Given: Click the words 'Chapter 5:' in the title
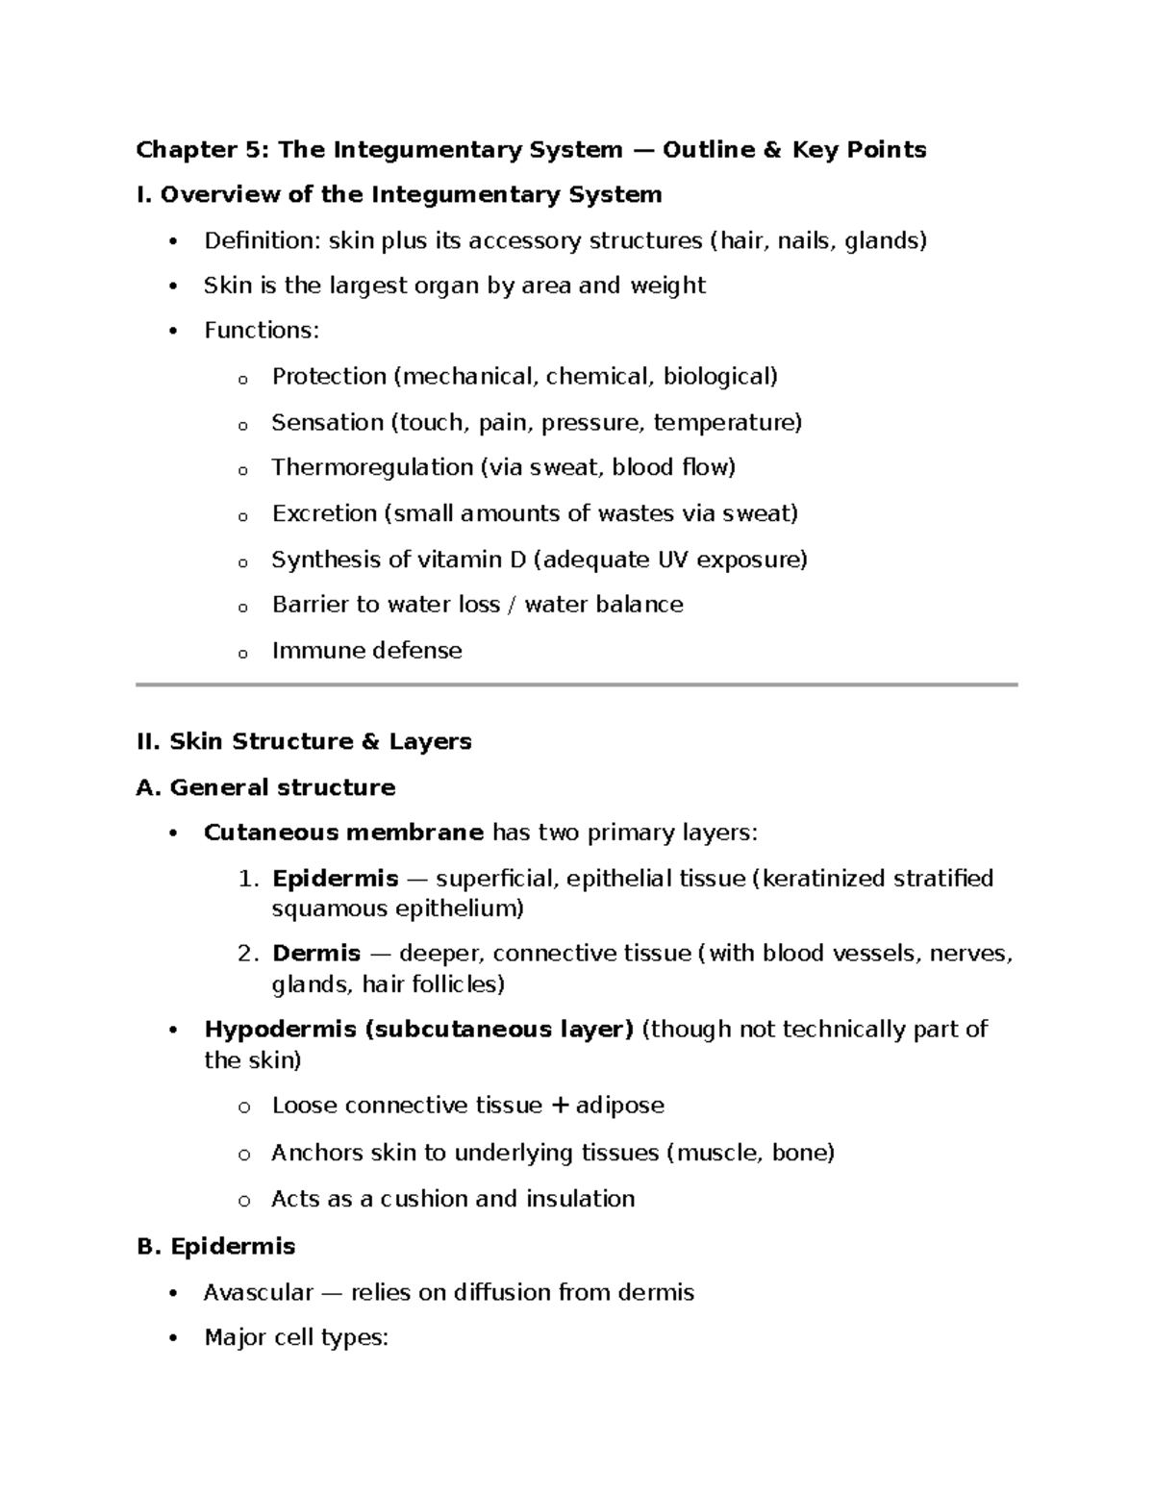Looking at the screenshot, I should [203, 150].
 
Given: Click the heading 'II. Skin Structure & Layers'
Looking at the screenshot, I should [304, 741].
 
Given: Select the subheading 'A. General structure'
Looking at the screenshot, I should [266, 787].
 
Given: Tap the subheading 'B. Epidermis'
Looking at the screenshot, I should [216, 1246].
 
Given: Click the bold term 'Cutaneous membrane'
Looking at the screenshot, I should [343, 833].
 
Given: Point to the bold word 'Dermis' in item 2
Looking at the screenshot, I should [316, 954].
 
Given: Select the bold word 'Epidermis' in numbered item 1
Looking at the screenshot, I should [335, 879].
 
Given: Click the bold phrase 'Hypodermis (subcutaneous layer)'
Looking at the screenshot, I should [418, 1030].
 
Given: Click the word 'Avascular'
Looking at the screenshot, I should [259, 1292].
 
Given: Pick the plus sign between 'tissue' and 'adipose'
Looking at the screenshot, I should [561, 1106].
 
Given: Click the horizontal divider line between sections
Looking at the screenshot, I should [577, 684].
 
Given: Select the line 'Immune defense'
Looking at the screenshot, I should [366, 651].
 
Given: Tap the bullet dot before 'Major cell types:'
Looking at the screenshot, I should [173, 1338].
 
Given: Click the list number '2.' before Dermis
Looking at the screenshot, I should [248, 954].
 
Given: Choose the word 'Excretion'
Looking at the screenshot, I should [324, 513].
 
